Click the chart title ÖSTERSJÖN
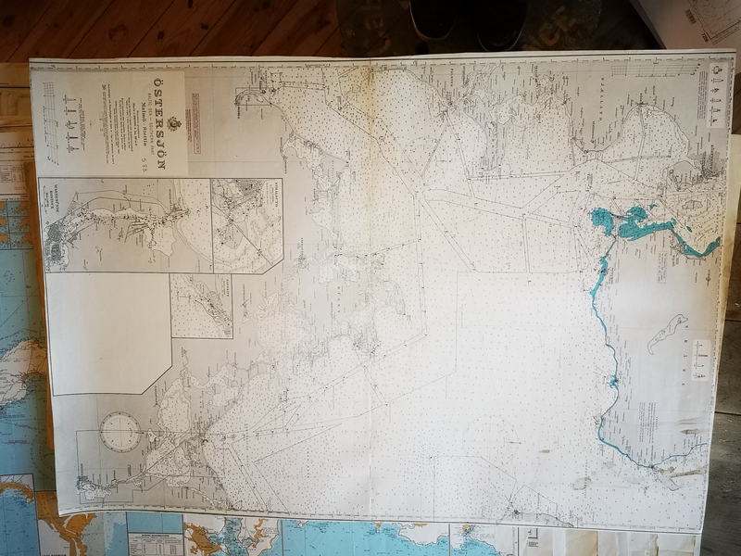click(156, 99)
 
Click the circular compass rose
click(120, 432)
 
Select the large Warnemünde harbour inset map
click(125, 224)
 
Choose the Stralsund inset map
click(246, 225)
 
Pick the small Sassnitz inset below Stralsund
click(201, 306)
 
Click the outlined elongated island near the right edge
click(667, 334)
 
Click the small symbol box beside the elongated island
click(701, 360)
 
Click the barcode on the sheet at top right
click(692, 17)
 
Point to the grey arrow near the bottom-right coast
click(685, 474)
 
